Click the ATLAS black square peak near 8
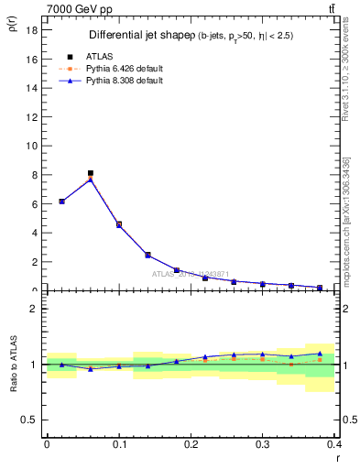pyautogui.click(x=91, y=173)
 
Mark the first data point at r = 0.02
pyautogui.click(x=61, y=201)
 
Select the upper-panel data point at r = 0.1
pyautogui.click(x=119, y=224)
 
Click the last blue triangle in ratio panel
pyautogui.click(x=320, y=353)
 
